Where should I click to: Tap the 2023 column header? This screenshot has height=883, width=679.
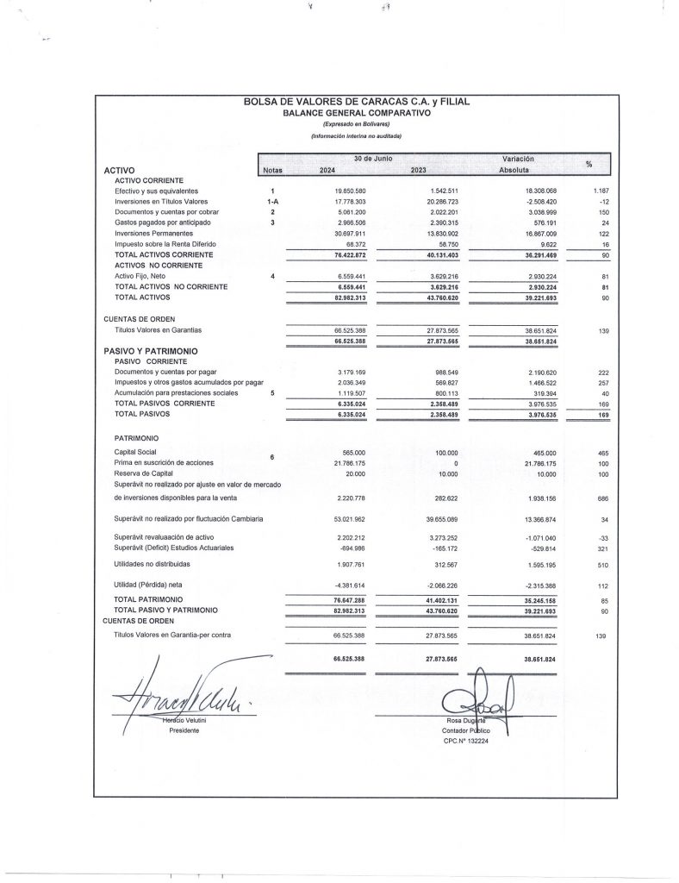coord(420,170)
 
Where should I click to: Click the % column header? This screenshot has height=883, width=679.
coord(589,165)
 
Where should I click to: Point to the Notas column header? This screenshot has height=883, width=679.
coord(273,170)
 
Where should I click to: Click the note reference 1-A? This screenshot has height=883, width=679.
coord(271,201)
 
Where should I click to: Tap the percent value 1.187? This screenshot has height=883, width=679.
coord(601,190)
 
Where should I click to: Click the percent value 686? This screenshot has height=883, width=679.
coord(603,498)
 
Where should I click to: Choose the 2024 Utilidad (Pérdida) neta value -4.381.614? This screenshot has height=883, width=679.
coord(348,586)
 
